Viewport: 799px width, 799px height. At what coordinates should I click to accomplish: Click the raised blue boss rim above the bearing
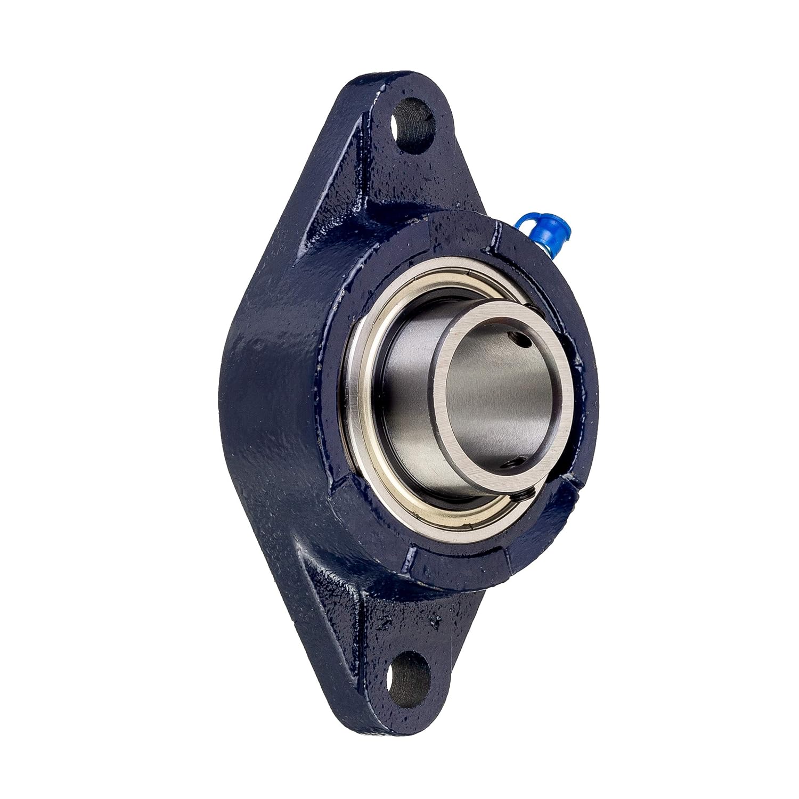tap(458, 229)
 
